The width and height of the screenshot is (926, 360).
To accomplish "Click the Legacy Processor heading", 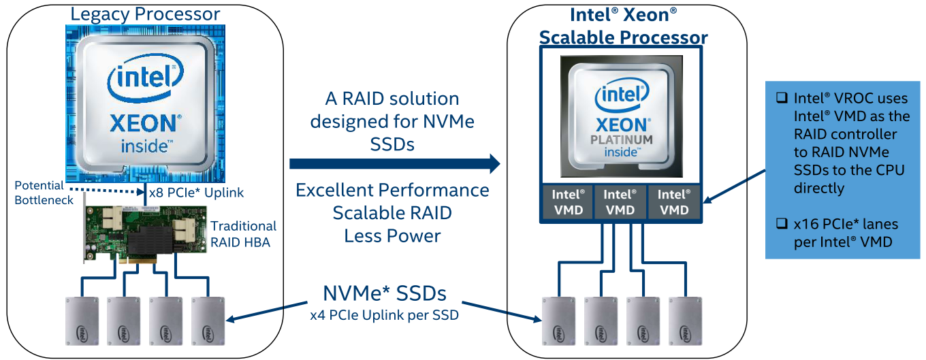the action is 145,14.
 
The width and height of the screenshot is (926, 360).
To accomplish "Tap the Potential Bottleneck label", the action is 44,193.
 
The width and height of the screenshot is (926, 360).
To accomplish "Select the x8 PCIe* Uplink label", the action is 196,193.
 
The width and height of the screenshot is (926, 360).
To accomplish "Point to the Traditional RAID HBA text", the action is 243,234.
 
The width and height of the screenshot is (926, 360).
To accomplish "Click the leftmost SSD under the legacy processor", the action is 82,321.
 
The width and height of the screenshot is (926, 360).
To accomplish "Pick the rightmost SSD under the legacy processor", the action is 208,321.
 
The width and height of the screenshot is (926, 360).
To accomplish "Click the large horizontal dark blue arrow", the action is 395,164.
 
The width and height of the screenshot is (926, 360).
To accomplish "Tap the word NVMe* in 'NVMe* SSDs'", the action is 356,293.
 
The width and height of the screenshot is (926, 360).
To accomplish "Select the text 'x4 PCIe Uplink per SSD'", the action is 385,315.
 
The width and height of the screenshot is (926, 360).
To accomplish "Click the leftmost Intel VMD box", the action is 568,202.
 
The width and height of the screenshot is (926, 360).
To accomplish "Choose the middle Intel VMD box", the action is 620,202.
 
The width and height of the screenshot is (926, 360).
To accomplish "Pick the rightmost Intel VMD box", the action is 674,202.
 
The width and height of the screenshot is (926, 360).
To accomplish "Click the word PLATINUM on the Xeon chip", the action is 622,140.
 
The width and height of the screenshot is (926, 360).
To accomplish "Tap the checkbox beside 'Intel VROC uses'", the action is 782,97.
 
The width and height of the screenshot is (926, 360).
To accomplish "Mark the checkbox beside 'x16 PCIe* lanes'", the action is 782,223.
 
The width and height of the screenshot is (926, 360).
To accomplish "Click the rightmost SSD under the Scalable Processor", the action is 685,321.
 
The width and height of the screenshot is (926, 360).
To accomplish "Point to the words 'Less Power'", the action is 392,236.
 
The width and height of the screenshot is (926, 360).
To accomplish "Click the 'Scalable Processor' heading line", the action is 624,37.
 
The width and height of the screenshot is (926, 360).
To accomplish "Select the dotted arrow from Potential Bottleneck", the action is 106,191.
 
